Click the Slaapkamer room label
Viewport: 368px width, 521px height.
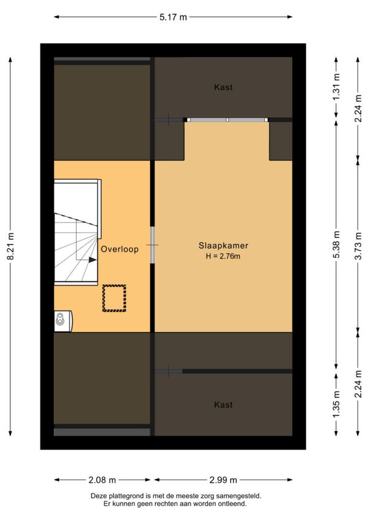point(223,246)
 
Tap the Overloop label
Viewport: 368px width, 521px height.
point(120,249)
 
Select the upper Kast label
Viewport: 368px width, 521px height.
point(223,87)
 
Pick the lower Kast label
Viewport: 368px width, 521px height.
point(223,405)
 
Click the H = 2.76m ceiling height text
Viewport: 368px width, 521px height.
point(223,256)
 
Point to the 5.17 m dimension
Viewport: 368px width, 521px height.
point(173,17)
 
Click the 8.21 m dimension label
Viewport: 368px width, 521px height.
point(10,246)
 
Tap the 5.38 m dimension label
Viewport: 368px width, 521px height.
point(337,245)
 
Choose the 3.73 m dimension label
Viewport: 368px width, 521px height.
point(358,246)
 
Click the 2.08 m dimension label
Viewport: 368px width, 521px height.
point(102,480)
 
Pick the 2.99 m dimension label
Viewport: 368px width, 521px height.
point(223,480)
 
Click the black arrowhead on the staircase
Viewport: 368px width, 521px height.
point(93,260)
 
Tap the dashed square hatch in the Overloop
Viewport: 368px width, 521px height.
point(114,298)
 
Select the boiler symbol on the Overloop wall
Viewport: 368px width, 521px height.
point(63,321)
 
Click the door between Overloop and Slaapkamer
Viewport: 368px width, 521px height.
point(152,245)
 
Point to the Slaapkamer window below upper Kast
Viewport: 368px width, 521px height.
point(228,120)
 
